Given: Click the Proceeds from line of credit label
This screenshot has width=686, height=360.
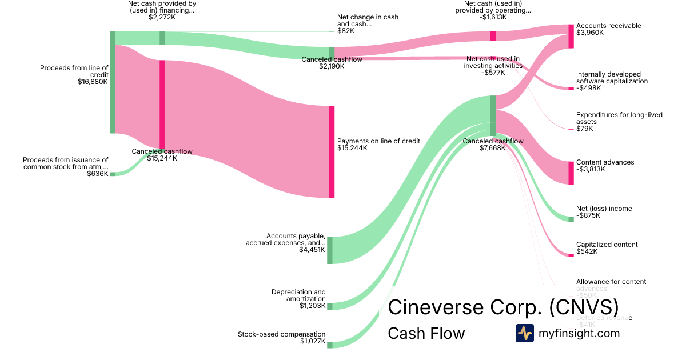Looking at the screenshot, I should (x=74, y=71).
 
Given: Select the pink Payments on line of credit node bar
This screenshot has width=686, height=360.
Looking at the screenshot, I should (x=332, y=152).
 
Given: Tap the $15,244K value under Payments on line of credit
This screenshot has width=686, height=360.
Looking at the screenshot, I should (x=352, y=148).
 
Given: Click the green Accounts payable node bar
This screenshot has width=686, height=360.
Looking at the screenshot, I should (x=329, y=250).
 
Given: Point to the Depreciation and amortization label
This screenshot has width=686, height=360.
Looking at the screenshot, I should (x=298, y=295).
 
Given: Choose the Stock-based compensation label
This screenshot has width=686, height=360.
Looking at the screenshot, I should (x=281, y=334).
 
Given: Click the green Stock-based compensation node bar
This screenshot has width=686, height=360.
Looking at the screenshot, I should (x=329, y=343).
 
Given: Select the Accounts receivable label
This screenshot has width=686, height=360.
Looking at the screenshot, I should (x=608, y=26).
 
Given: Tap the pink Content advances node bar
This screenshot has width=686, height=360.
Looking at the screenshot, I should (x=571, y=173).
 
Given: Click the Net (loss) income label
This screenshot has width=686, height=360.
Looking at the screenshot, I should (x=604, y=209).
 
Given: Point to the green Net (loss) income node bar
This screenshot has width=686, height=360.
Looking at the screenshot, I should (x=571, y=219).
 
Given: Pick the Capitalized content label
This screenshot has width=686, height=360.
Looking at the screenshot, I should (x=607, y=245).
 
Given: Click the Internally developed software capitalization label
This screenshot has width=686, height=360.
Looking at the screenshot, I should (x=612, y=78).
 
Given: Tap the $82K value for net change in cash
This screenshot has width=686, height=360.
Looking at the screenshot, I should (x=346, y=31).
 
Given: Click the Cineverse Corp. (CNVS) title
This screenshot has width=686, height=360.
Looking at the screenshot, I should (x=503, y=306).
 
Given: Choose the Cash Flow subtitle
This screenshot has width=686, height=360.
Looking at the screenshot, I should (x=426, y=333).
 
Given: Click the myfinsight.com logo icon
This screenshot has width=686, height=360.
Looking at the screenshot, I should (x=524, y=333).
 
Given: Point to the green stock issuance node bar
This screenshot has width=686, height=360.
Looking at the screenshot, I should (x=113, y=174).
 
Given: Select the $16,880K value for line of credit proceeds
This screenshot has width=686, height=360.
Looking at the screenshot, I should (x=93, y=82).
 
